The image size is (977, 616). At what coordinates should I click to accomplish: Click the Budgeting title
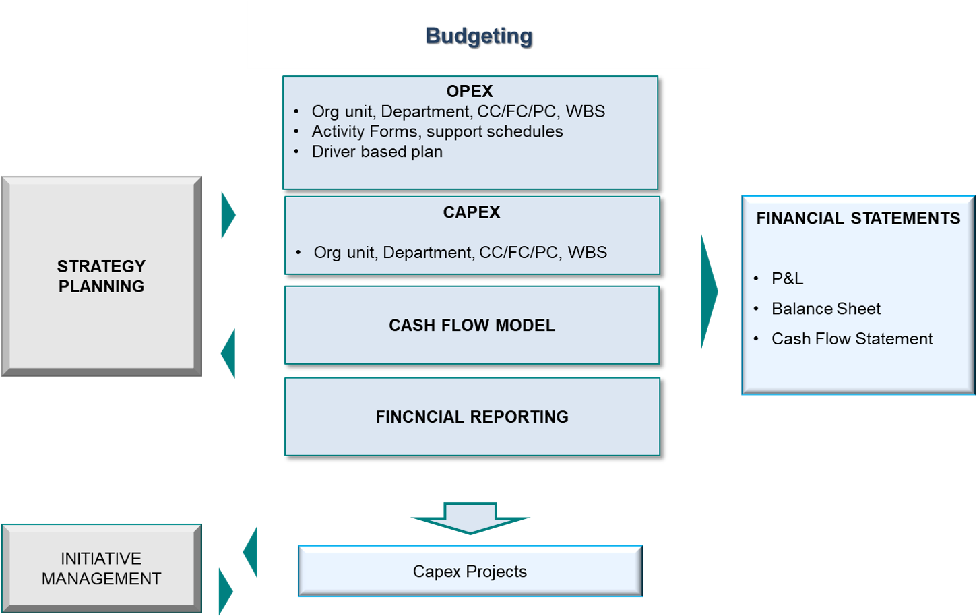tap(479, 36)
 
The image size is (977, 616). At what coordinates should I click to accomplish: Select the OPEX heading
tap(470, 91)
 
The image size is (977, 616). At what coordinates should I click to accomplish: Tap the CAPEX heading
tap(472, 212)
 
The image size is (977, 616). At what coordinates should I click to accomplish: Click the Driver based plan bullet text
tap(377, 152)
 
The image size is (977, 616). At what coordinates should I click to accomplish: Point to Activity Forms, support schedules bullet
tap(437, 131)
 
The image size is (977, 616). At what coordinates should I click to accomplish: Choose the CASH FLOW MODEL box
tap(472, 325)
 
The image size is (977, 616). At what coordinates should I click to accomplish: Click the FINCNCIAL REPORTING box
tap(472, 417)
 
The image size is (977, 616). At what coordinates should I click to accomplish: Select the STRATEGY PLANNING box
tap(101, 276)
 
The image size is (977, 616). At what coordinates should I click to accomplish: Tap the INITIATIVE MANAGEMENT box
tap(101, 568)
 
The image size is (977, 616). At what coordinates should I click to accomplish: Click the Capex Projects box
tap(470, 572)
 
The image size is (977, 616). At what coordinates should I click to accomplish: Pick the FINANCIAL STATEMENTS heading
tap(858, 218)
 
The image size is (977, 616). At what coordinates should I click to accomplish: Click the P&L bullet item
tap(787, 278)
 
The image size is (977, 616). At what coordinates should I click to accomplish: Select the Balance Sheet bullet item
tap(825, 309)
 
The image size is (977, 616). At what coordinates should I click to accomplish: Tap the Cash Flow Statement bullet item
tap(852, 338)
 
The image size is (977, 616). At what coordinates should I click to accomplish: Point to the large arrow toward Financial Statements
tap(708, 292)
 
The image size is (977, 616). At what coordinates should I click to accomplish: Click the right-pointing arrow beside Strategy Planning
tap(228, 216)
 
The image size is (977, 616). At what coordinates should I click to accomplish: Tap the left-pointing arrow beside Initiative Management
tap(251, 553)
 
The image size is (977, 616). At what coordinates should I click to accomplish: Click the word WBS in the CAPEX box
tap(588, 253)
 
